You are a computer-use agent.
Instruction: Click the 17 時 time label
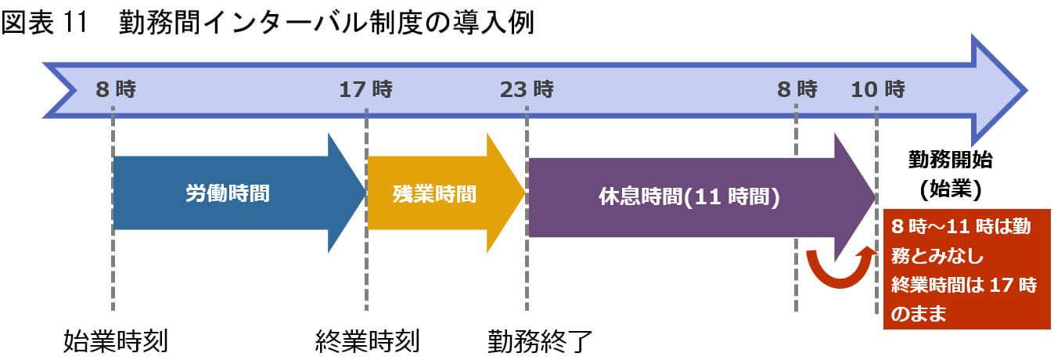[x=365, y=89]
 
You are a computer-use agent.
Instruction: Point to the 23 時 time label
[x=526, y=89]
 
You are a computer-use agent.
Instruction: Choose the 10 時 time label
[x=878, y=89]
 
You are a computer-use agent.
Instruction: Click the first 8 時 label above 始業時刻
[x=116, y=89]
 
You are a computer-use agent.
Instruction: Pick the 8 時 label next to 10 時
[x=797, y=89]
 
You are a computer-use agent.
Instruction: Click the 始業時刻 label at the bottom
[x=116, y=340]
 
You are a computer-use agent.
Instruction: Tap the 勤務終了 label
[x=540, y=340]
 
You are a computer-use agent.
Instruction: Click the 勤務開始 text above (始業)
[x=950, y=160]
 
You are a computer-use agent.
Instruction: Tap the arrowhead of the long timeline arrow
[x=998, y=89]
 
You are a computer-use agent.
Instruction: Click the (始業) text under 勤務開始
[x=950, y=189]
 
